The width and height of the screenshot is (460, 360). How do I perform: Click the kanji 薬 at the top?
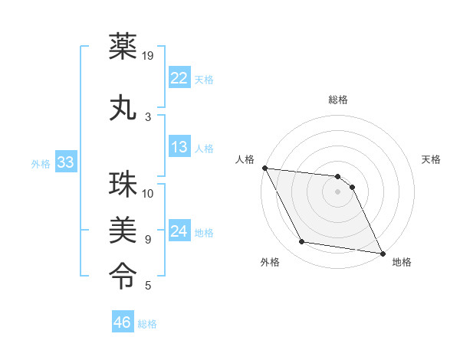tap(123, 47)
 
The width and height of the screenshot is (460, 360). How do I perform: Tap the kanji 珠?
tap(123, 186)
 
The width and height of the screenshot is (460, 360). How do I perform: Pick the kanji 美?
tap(123, 229)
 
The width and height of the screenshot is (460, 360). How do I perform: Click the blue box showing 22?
tap(179, 78)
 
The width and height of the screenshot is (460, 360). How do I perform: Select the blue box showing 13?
tap(179, 147)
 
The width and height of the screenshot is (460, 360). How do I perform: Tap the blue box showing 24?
tap(179, 231)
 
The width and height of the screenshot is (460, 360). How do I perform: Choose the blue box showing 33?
tap(65, 162)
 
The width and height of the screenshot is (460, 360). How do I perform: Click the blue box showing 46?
tap(123, 322)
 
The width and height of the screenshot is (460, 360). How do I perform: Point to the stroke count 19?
tap(149, 55)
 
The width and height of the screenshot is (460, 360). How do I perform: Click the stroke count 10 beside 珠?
tap(149, 194)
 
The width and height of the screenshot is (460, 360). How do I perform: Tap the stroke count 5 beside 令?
tap(147, 286)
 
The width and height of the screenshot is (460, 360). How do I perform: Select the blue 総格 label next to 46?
tap(147, 324)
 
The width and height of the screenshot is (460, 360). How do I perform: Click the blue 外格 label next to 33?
tap(41, 164)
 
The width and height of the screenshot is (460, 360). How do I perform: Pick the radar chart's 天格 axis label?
tap(432, 159)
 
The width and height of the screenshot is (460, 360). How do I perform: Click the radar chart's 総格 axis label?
tap(338, 100)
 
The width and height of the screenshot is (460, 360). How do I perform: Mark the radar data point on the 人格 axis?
tap(264, 168)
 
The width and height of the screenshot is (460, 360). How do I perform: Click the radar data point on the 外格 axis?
tap(301, 243)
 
